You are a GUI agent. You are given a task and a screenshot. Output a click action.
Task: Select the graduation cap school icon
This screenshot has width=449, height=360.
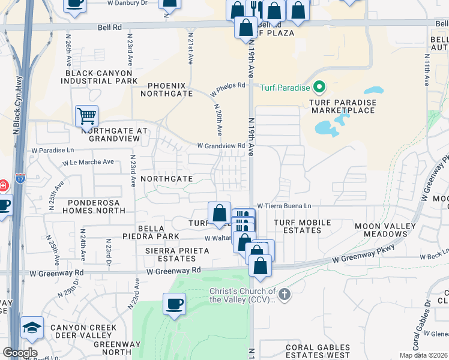32,328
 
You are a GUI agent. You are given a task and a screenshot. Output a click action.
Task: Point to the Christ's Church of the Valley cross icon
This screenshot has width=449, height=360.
285,295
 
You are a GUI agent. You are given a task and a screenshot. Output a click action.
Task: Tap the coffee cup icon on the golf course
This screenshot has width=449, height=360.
175,304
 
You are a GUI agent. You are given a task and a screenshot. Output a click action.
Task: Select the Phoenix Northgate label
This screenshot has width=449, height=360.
166,89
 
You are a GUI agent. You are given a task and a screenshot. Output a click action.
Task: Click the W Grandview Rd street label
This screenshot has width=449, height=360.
221,146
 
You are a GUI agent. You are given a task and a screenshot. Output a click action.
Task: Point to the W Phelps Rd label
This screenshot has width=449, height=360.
228,89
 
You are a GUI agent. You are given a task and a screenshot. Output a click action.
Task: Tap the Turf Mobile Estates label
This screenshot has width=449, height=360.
302,226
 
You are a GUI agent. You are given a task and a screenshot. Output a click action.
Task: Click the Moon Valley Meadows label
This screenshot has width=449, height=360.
385,230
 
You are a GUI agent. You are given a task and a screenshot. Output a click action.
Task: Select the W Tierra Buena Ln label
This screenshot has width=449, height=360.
285,206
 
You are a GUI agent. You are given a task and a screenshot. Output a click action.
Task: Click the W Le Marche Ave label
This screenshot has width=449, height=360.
88,162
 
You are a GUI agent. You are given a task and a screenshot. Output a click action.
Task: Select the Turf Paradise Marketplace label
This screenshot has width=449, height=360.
343,106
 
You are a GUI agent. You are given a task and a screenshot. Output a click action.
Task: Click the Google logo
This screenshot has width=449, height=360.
20,353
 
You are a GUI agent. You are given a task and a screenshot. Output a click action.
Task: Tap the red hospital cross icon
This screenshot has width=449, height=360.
2,184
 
